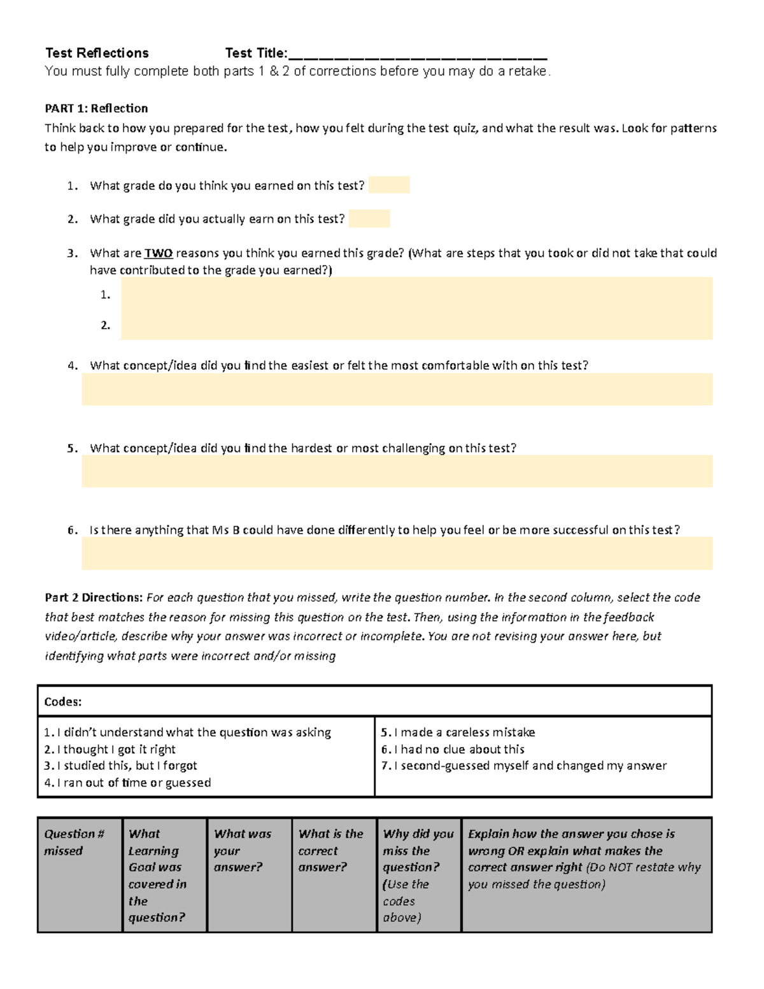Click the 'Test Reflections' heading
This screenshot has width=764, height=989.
(97, 53)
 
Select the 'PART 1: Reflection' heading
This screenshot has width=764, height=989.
(96, 108)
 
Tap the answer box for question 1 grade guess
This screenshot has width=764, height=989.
(389, 185)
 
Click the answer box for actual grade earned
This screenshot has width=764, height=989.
(369, 219)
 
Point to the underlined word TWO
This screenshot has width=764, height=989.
(159, 253)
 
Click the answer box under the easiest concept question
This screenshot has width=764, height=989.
(397, 389)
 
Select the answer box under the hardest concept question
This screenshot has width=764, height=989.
(397, 471)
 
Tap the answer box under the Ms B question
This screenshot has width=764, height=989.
(397, 553)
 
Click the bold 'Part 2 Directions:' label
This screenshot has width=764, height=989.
(94, 597)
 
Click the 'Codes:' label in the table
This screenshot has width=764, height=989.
(63, 702)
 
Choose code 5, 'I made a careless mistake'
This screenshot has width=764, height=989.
(458, 732)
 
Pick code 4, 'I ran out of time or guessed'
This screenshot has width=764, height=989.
(127, 783)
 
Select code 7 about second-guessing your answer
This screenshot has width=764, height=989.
(523, 765)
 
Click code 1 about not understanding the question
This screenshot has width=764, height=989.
(188, 732)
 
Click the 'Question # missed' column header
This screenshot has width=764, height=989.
(74, 842)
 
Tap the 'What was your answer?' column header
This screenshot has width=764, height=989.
(243, 850)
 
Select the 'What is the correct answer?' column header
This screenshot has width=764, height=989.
(330, 850)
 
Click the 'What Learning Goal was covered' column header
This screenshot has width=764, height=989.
(157, 875)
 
